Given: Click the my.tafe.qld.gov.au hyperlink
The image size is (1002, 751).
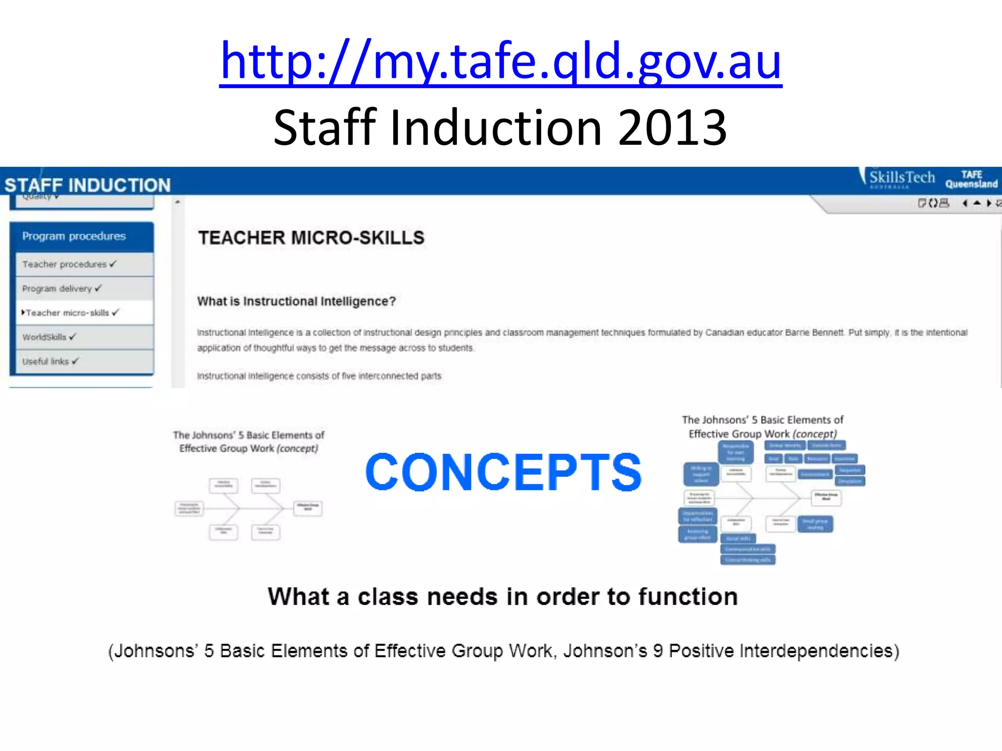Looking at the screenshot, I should point(501,61).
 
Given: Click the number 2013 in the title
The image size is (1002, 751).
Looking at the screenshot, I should point(672,128).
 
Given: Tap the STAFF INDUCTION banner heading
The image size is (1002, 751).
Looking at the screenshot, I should point(88,185).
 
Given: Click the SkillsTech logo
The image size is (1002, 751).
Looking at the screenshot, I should point(901,178).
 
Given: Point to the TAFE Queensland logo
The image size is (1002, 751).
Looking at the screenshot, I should point(971,179).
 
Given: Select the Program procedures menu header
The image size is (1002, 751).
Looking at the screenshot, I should point(74,236).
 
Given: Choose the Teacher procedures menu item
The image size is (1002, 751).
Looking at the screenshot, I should point(65,264).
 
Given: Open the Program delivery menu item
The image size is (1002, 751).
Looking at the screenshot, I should point(57,288).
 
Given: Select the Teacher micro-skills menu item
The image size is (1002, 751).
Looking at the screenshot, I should point(68,313).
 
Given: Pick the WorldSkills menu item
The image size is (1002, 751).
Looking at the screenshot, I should point(44,337).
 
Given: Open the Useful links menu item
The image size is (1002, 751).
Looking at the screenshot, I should point(46,361).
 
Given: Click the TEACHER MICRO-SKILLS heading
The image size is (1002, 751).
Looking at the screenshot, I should point(311,238).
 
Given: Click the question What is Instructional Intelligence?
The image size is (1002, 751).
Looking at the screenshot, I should point(296,301).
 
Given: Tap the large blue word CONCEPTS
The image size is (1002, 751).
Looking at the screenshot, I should point(503,472).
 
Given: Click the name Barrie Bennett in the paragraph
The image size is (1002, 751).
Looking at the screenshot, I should point(815,332).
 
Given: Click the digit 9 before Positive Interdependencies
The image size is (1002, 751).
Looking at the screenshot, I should point(658,651).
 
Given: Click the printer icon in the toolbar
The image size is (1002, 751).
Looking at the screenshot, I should point(944,203).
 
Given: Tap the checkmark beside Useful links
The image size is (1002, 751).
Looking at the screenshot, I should point(75,361).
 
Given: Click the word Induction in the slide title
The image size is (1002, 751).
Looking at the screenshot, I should point(496,128).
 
